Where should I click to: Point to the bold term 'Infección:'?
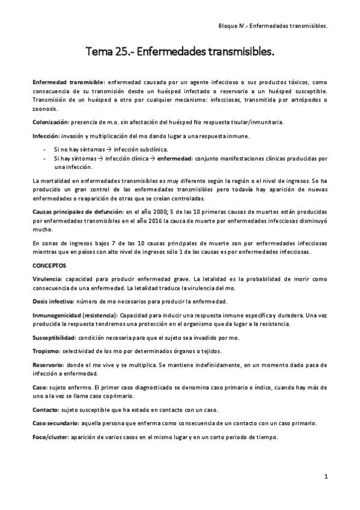[x=46, y=136]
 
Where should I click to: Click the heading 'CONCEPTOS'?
[x=50, y=265]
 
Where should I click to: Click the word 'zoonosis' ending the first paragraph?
[x=46, y=109]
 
